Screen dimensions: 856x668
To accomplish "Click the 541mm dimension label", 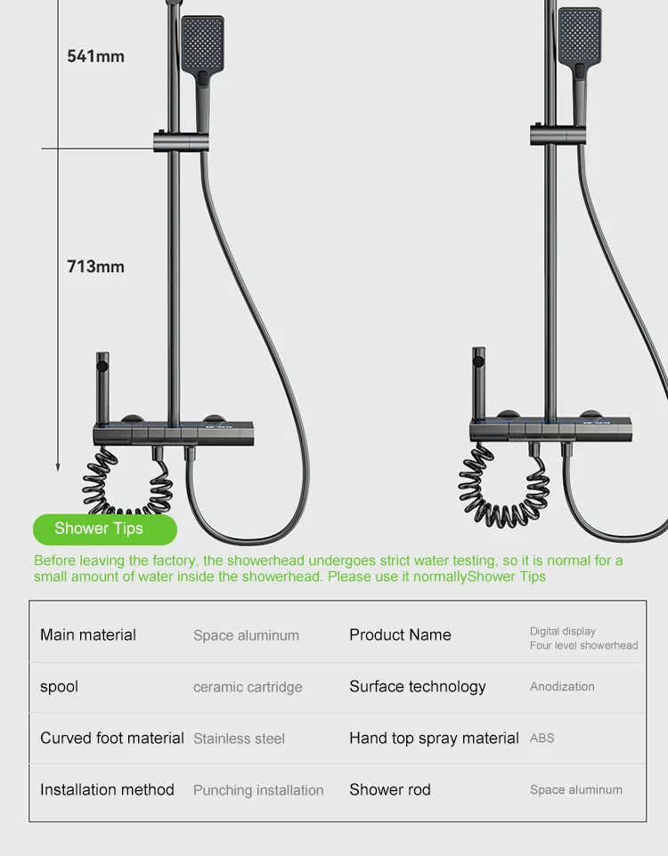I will pos(95,56).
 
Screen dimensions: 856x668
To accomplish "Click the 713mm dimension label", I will pos(95,266).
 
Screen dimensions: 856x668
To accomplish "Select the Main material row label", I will pos(88,634).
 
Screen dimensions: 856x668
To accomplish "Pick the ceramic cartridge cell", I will pos(248,687).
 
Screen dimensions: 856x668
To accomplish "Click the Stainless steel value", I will pos(239,739).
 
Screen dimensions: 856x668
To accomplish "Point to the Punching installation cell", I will pos(258,790).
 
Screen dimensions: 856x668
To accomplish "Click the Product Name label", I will pos(400,634).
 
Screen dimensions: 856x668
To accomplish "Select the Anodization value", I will pos(562,687).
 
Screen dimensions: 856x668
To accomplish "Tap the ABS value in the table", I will pos(542,739).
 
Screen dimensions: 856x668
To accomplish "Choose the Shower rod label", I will pos(389,789).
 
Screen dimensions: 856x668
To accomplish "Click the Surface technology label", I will pos(417,686).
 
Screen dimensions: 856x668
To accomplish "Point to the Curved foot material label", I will pos(111,738).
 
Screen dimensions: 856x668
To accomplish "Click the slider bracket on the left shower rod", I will pos(181,140).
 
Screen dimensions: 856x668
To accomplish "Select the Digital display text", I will pos(563,631).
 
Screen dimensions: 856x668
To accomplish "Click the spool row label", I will pos(59,686).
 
